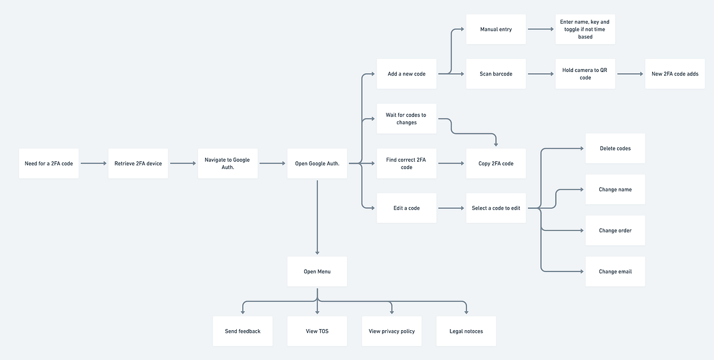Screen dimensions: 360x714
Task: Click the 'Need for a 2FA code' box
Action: point(49,163)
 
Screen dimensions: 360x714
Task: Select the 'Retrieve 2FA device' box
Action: point(138,163)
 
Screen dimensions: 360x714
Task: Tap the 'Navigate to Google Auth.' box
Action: point(228,163)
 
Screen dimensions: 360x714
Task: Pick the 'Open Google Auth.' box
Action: point(317,163)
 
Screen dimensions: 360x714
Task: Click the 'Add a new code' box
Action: point(406,74)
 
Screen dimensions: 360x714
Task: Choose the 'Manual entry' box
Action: point(496,29)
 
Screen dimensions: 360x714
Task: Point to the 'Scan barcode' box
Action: point(496,74)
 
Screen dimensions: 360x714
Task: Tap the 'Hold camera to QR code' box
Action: point(585,74)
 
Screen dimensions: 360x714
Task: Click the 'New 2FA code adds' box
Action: point(675,74)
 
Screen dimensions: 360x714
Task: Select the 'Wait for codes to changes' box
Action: point(406,118)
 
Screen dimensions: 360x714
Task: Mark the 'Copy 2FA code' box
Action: point(496,163)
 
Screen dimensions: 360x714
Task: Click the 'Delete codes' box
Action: point(615,148)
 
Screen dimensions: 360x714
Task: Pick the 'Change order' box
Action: point(615,230)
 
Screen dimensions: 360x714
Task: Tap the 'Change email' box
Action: point(615,271)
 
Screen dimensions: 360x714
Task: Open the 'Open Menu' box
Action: point(317,271)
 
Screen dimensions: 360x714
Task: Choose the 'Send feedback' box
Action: point(243,331)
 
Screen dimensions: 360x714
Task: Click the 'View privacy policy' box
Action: point(392,331)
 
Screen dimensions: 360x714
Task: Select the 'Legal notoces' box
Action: point(466,331)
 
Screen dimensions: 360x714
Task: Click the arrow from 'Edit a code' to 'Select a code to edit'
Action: point(451,208)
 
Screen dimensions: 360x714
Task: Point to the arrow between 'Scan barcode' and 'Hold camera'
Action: point(540,74)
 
